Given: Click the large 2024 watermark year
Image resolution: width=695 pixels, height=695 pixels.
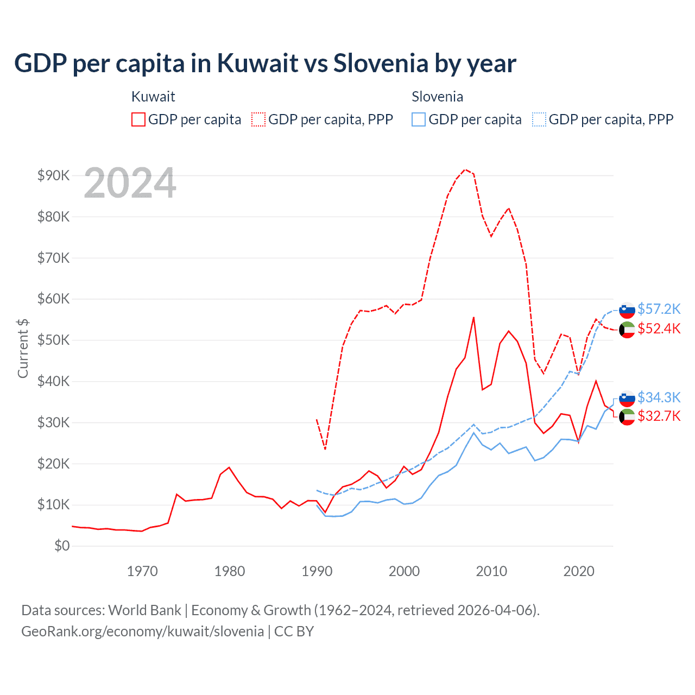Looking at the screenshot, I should coord(130,184).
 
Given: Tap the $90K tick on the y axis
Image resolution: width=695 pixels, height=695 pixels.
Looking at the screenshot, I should coord(53,175).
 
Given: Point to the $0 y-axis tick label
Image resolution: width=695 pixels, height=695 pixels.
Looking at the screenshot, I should coord(62,546).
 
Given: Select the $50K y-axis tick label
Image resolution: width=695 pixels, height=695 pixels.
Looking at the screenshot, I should coord(53,340).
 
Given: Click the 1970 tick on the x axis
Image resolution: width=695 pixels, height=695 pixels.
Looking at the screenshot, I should coord(142,571).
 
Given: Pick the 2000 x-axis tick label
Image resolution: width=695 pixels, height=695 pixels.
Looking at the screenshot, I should coord(404,571).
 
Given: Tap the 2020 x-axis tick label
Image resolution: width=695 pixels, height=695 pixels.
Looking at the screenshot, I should coord(579,571).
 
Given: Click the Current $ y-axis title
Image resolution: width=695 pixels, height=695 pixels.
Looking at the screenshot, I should coord(23,348).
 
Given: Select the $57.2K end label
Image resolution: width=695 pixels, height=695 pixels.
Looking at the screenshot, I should coord(659,309).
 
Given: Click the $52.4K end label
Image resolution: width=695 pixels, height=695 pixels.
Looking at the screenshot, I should coord(659,328).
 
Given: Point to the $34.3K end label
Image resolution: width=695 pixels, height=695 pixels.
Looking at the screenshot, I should coord(659,397).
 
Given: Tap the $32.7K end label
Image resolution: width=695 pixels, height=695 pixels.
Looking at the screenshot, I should coord(659,416).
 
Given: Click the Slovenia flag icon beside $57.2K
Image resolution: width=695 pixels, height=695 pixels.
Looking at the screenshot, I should coord(627,309).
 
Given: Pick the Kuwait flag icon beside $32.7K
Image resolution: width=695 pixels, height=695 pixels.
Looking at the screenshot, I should coord(627,417).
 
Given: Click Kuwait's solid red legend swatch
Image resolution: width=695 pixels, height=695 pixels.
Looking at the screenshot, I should coord(138,119).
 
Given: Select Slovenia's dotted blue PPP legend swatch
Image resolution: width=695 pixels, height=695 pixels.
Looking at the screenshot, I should coord(539,119).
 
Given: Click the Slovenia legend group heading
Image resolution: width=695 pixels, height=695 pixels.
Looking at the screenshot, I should coord(437,97).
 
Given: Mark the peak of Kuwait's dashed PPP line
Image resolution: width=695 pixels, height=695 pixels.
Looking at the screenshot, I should coord(465,169).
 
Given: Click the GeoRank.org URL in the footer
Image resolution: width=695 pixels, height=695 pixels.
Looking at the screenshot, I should coord(142,631).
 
